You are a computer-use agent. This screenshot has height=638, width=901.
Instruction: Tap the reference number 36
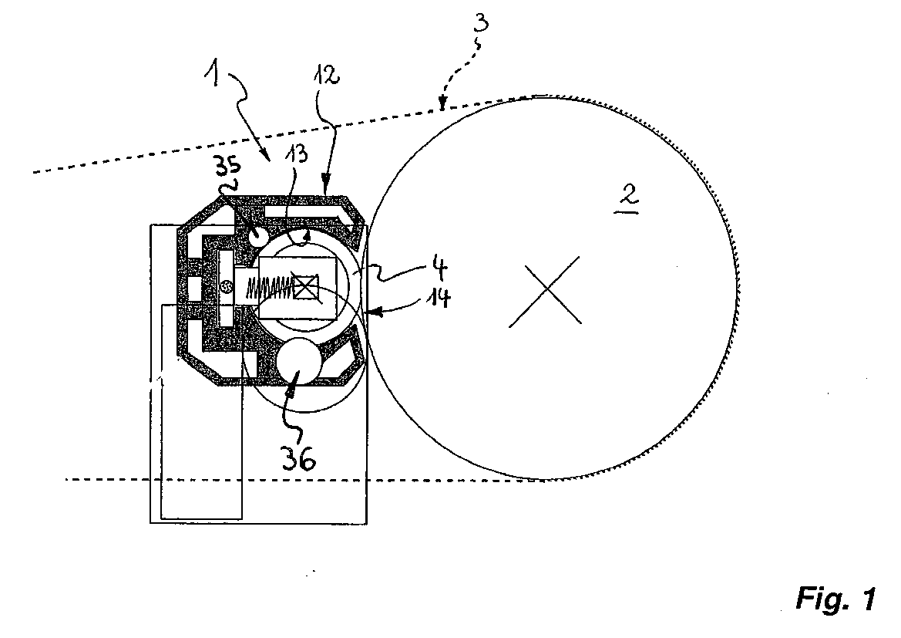coord(299,458)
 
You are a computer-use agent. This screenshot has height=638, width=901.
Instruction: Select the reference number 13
coord(294,154)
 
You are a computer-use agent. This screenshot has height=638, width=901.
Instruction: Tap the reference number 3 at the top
coord(482,24)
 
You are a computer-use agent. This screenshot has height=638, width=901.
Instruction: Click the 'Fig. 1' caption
coord(836,599)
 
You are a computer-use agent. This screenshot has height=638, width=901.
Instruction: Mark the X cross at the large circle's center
coord(545,291)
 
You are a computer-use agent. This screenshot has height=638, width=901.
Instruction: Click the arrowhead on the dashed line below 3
coord(442,105)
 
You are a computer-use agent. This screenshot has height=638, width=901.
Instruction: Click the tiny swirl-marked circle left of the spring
coord(227,284)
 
